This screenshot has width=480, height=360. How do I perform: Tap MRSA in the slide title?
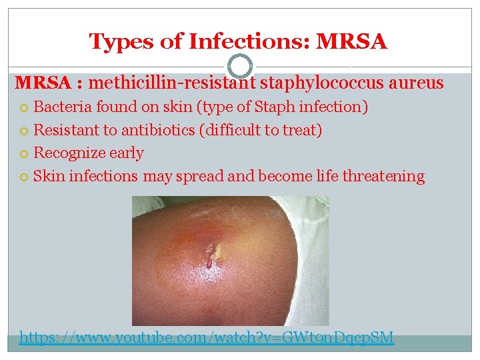(x=352, y=42)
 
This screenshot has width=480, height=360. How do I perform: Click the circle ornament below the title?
(x=240, y=66)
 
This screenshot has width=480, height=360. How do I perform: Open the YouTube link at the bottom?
(x=207, y=338)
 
